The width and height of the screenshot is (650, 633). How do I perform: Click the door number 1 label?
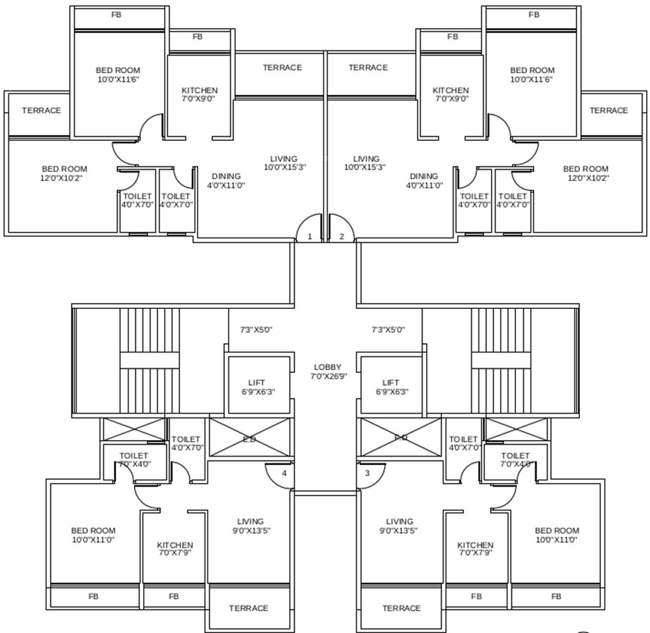pos(310,237)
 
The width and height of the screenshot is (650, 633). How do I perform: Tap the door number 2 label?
pos(342,237)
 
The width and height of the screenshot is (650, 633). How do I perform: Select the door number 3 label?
pos(367,473)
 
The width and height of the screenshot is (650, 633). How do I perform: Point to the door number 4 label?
pos(284,473)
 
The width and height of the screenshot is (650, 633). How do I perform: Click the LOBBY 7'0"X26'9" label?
pos(328,372)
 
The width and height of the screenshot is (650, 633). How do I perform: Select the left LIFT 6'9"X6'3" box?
pos(257,387)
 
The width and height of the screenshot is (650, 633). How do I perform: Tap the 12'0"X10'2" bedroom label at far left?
pos(64,173)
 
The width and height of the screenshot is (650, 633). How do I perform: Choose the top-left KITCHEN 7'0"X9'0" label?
pos(199,94)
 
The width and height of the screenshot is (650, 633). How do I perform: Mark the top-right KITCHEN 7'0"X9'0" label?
pos(451,94)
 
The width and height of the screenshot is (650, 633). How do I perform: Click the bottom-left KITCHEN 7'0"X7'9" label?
pos(175,549)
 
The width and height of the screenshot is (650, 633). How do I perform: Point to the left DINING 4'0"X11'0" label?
pos(226,180)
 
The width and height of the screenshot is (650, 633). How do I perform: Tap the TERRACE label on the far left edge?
pos(41,111)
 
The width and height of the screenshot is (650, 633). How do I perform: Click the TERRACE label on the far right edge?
pos(609,111)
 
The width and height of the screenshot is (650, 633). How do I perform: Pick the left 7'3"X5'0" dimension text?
pos(256,330)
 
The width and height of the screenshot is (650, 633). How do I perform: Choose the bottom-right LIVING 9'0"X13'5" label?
pos(399,526)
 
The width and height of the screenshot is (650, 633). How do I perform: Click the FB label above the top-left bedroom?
pos(116,15)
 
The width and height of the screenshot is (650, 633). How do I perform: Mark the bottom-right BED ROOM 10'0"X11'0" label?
pos(556,535)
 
